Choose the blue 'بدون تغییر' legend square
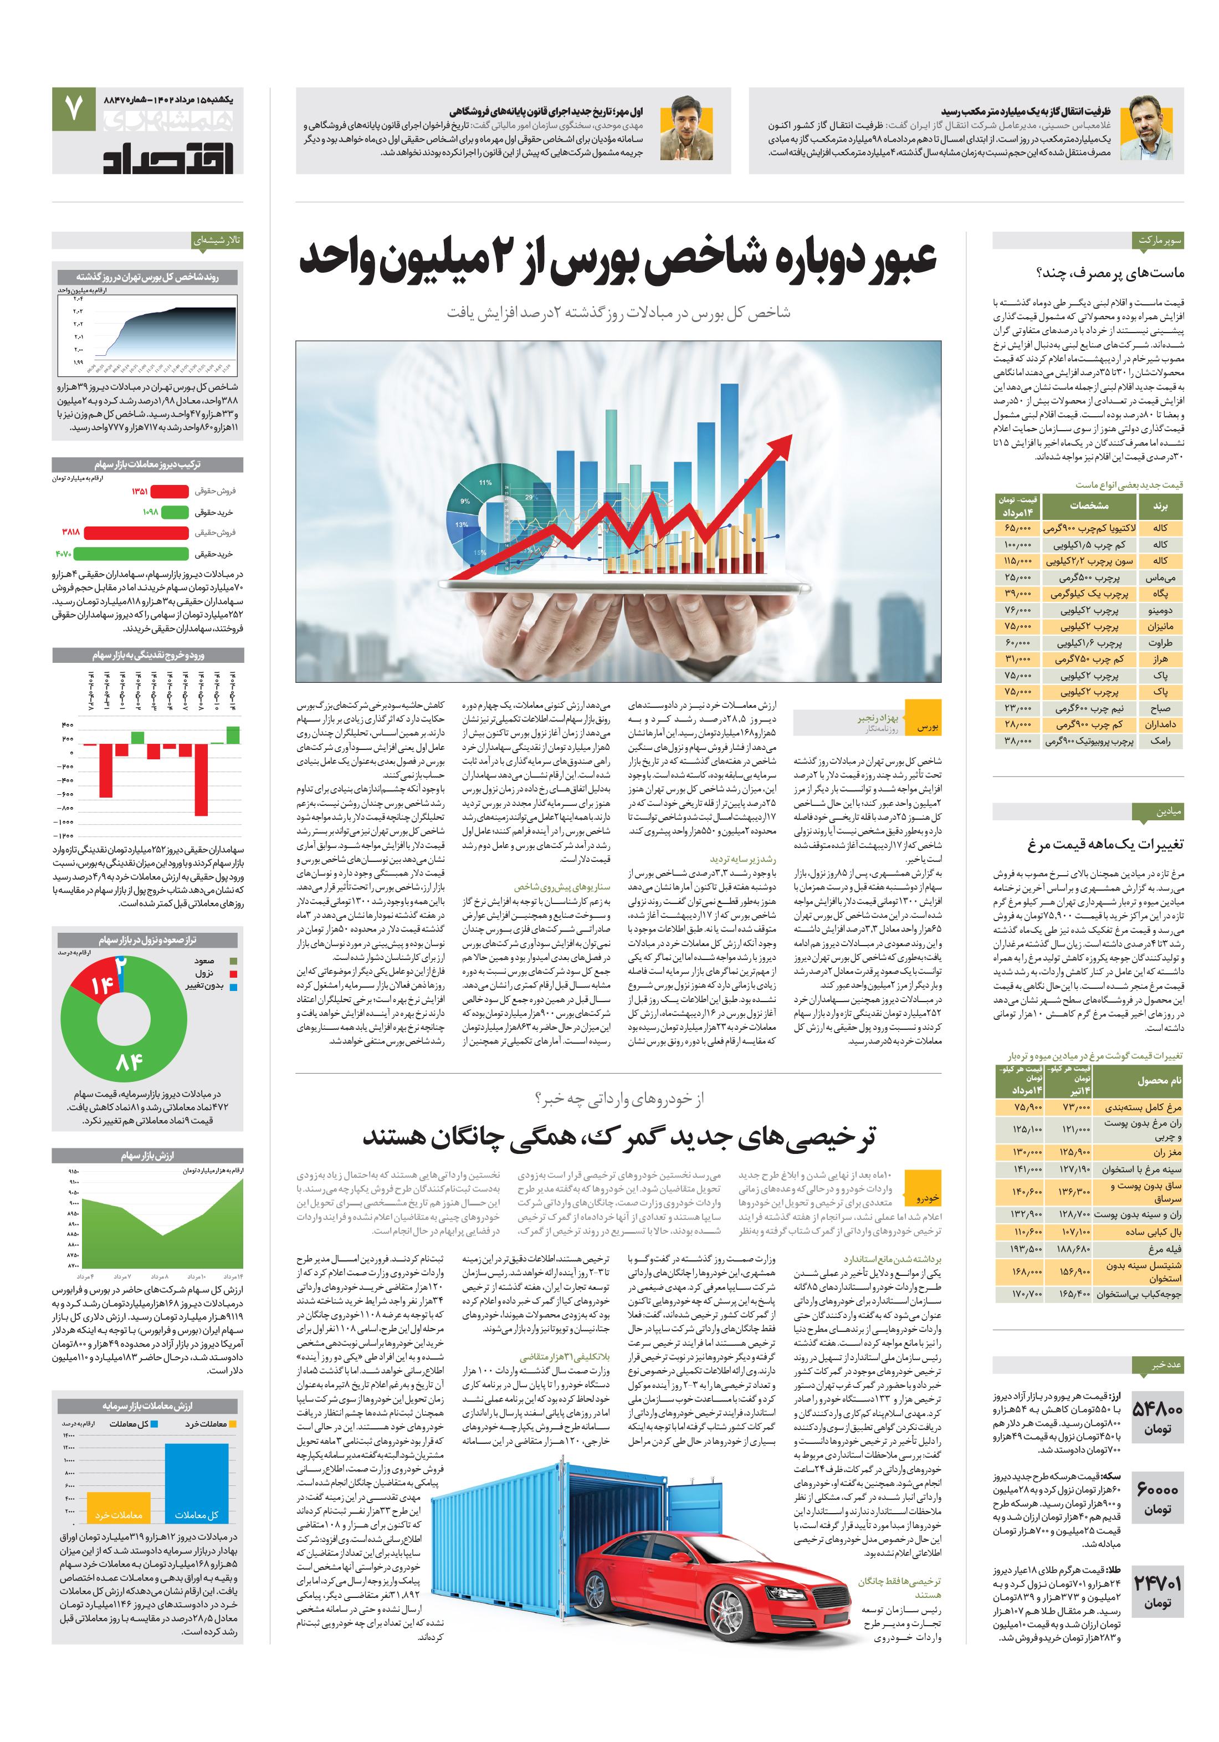[x=234, y=987]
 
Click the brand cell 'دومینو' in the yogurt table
[x=1160, y=610]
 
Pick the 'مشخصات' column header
[x=1089, y=506]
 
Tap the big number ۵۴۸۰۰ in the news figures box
[x=1157, y=1409]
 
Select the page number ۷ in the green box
[x=73, y=109]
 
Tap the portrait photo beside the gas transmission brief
[x=1150, y=127]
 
